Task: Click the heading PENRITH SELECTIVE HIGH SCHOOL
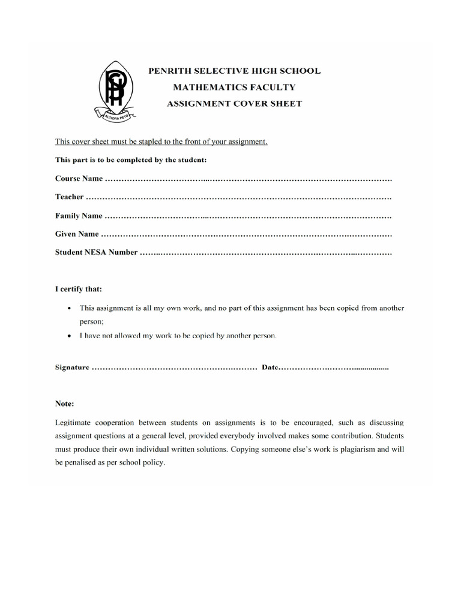click(x=234, y=71)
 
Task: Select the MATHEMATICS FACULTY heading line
click(x=234, y=87)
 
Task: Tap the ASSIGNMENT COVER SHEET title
click(x=234, y=103)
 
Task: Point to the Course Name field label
click(x=79, y=179)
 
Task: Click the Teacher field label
click(x=70, y=197)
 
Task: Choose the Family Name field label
click(x=79, y=216)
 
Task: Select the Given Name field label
click(x=77, y=234)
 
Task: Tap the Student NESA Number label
click(x=96, y=252)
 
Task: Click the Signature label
click(x=72, y=367)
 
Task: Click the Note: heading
click(x=65, y=404)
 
